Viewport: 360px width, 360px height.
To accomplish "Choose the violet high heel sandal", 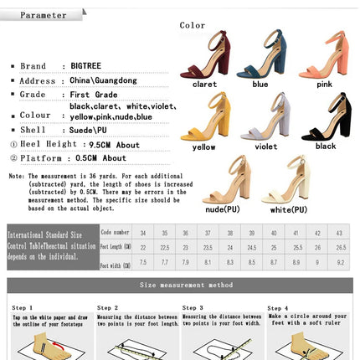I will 265,117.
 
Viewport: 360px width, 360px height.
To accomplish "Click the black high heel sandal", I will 327,117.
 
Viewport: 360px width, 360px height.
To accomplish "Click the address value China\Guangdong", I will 101,81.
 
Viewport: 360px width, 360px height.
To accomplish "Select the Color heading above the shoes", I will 193,25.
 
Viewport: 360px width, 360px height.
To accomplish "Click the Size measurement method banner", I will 180,285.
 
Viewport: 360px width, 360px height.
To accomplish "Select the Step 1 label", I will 23,307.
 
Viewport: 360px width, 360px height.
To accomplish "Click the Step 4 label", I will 278,307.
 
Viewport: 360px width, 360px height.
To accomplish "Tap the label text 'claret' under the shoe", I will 204,84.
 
